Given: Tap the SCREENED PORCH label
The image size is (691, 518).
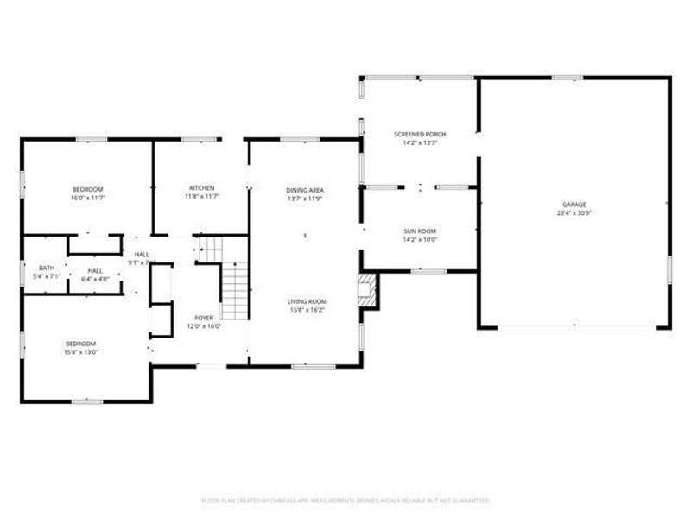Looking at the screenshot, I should click(420, 135).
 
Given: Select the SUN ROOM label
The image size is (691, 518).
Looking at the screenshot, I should click(420, 231).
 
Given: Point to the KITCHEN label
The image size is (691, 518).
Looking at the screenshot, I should click(202, 188).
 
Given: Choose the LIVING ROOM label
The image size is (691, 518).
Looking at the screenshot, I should click(307, 301).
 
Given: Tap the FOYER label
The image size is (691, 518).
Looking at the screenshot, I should click(204, 319).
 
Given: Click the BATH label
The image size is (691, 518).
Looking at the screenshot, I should click(46, 268).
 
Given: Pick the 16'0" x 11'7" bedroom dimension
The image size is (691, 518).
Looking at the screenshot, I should click(87, 198).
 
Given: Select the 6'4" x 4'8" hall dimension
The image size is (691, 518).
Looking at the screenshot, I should click(95, 279).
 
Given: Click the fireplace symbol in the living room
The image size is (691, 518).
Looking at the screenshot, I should click(369, 290).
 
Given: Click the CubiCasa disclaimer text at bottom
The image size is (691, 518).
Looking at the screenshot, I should click(345, 500).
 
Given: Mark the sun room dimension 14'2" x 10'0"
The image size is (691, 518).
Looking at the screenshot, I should click(420, 240).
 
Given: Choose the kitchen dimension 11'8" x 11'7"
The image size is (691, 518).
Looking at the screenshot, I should click(202, 197).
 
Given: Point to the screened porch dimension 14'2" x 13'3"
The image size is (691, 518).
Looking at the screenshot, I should click(420, 143).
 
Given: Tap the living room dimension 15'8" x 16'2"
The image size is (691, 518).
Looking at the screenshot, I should click(307, 309).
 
